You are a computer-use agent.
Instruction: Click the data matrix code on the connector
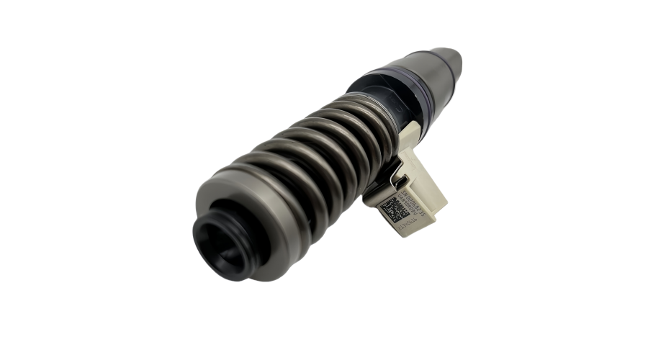click(x=394, y=209)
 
